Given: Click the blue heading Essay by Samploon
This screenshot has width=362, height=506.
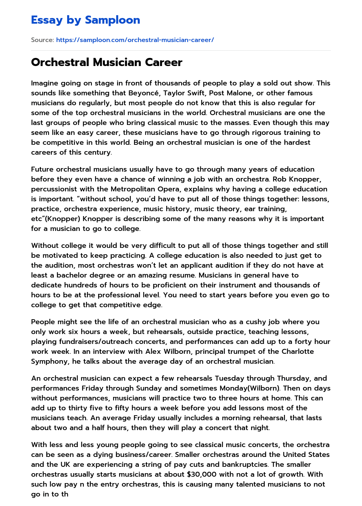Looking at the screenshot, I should (x=86, y=20).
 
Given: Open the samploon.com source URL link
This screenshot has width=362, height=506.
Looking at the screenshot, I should (x=135, y=40).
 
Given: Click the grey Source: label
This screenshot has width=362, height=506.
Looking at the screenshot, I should (x=42, y=40).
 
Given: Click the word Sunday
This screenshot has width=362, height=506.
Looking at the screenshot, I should (x=147, y=388).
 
